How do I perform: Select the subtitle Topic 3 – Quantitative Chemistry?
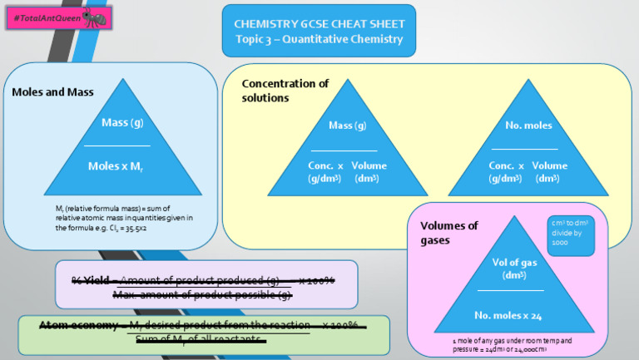click(319, 39)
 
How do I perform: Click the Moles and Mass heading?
click(52, 91)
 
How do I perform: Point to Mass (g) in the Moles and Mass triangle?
click(122, 123)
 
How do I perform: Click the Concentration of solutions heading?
click(285, 90)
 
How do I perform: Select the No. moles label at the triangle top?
click(528, 126)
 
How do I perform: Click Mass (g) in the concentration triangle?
click(347, 126)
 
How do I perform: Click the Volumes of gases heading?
click(449, 233)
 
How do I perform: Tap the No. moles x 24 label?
click(508, 316)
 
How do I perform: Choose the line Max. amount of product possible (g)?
click(202, 294)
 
